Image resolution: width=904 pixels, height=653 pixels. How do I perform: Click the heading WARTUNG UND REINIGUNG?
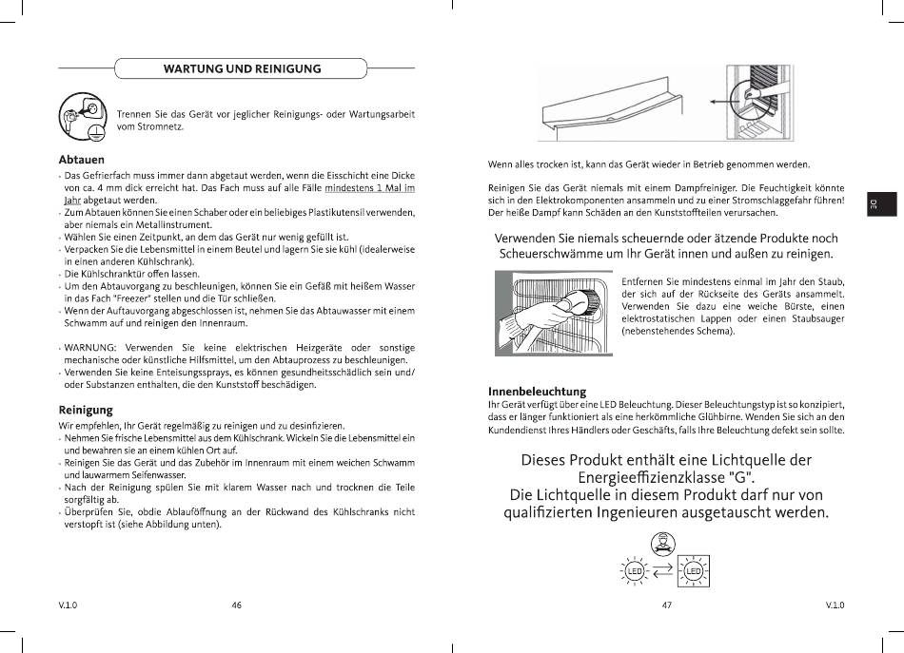pyautogui.click(x=242, y=68)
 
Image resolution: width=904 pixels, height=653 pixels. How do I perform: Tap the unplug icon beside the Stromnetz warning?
pyautogui.click(x=83, y=116)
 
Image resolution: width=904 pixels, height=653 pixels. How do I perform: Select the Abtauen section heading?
pyautogui.click(x=81, y=160)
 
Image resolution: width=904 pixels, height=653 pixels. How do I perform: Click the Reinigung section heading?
pyautogui.click(x=86, y=410)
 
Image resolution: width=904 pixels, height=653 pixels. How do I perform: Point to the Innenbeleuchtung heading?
pyautogui.click(x=537, y=392)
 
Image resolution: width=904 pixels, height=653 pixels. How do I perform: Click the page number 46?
pyautogui.click(x=236, y=605)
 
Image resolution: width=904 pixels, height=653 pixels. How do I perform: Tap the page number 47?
pyautogui.click(x=666, y=605)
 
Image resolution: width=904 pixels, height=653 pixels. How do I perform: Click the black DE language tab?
pyautogui.click(x=882, y=204)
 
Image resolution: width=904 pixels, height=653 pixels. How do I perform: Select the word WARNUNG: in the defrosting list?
pyautogui.click(x=90, y=348)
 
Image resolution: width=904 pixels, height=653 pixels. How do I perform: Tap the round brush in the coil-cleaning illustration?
pyautogui.click(x=586, y=301)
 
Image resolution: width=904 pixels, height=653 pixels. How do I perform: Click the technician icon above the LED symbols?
pyautogui.click(x=663, y=544)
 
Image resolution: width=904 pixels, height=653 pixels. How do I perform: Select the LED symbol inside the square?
pyautogui.click(x=693, y=571)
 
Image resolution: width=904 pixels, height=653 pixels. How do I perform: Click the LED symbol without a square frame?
pyautogui.click(x=635, y=571)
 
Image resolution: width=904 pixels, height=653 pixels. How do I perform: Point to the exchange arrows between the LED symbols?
pyautogui.click(x=663, y=570)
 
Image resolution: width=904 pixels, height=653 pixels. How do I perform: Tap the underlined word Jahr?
pyautogui.click(x=72, y=201)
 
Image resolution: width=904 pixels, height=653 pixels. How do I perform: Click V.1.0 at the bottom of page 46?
pyautogui.click(x=68, y=605)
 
